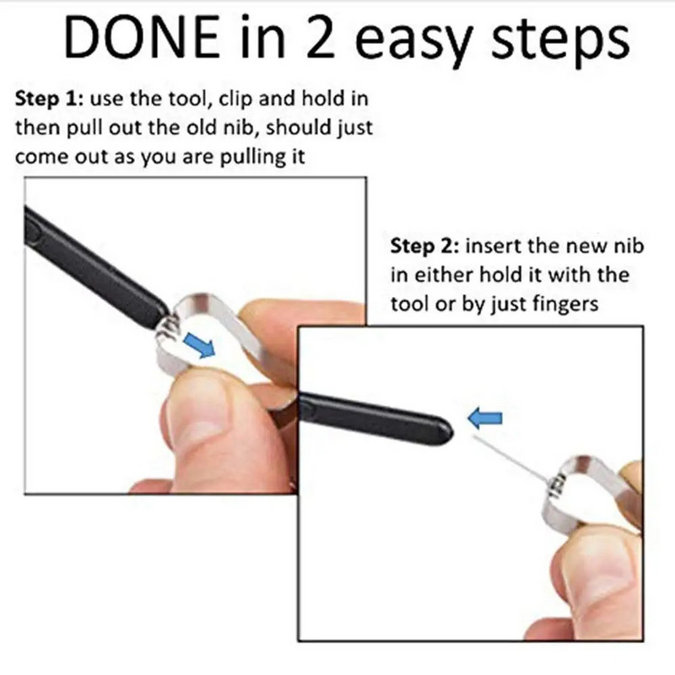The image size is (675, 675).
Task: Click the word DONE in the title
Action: pyautogui.click(x=141, y=37)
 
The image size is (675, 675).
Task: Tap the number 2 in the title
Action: pyautogui.click(x=321, y=37)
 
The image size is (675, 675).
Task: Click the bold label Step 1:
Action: pyautogui.click(x=49, y=99)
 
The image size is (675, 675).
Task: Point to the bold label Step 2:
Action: pyautogui.click(x=424, y=246)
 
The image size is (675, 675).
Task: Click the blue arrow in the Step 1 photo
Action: pyautogui.click(x=199, y=346)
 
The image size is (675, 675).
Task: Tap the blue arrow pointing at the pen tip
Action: pyautogui.click(x=484, y=418)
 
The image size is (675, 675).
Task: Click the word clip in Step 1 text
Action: pyautogui.click(x=235, y=100)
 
